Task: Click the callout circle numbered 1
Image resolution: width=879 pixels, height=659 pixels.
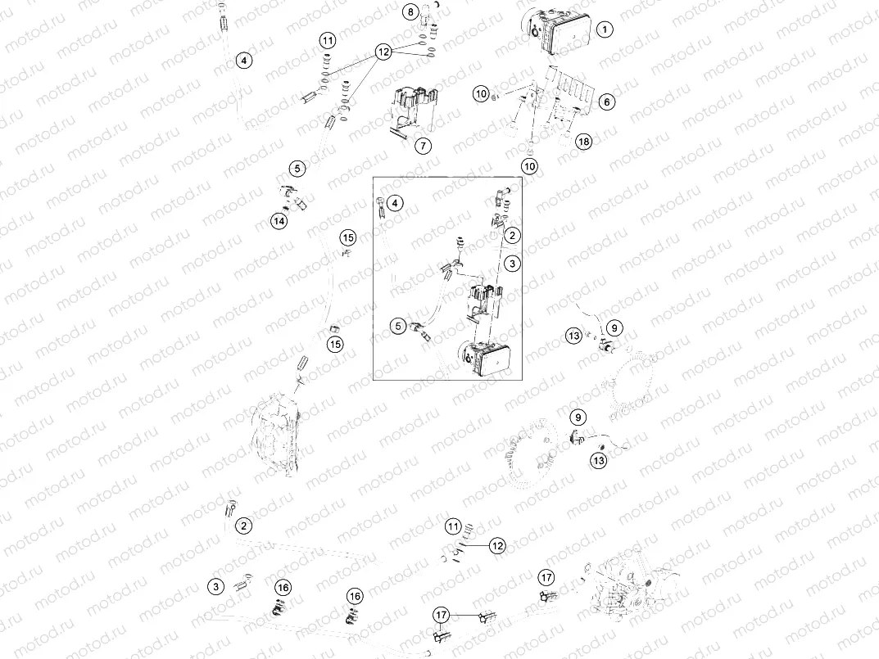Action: (x=605, y=30)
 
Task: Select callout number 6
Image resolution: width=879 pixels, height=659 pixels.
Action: (x=606, y=102)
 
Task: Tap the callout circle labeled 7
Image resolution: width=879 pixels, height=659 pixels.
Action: (x=423, y=147)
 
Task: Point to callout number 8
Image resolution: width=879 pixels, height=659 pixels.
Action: (x=410, y=11)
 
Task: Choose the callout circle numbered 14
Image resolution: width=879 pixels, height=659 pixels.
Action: (x=280, y=221)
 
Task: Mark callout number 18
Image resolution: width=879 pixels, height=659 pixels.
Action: (x=582, y=142)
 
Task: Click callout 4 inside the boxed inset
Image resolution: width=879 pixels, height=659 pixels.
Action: (x=395, y=202)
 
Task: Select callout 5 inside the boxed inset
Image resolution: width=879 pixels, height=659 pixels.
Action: (x=397, y=325)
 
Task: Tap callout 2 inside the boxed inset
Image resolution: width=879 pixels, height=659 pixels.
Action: (x=513, y=236)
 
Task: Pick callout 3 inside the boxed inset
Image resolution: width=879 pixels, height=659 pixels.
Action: (x=513, y=264)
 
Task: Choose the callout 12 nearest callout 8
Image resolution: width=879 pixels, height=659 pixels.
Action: (x=383, y=52)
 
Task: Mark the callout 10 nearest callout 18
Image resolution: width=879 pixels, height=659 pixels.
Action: (x=530, y=166)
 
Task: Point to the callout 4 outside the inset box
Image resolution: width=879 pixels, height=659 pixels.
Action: (x=243, y=60)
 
